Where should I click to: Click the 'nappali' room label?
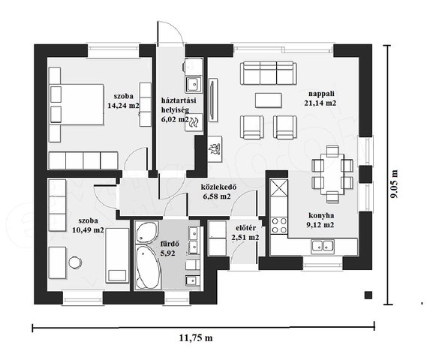[321, 94]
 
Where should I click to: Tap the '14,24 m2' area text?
[123, 106]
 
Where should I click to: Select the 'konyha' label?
[321, 215]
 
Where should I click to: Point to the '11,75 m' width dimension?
[196, 337]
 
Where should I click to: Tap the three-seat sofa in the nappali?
[269, 73]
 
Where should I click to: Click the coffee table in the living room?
[269, 100]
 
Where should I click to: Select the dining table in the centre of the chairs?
[332, 174]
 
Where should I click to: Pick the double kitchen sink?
[322, 247]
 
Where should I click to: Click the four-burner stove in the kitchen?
[279, 225]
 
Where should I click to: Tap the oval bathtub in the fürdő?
[146, 266]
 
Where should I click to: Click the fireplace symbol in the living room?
[215, 149]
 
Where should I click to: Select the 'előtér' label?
[246, 228]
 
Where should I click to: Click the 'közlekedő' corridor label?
[218, 187]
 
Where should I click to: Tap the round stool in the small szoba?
[74, 262]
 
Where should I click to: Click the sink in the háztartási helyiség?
[193, 84]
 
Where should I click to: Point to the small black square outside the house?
[368, 295]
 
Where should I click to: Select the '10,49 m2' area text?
[88, 230]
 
